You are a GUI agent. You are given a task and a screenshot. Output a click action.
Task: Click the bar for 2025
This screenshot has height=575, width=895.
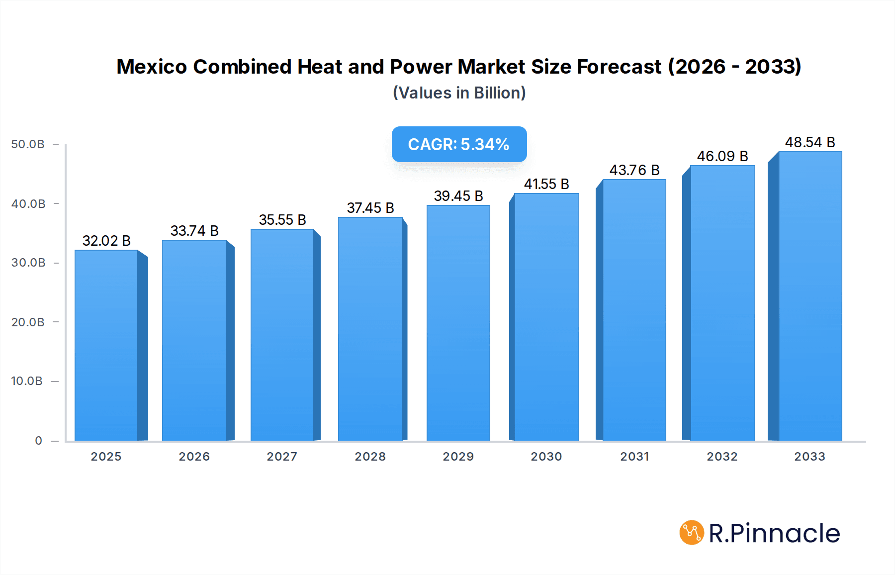click(x=106, y=345)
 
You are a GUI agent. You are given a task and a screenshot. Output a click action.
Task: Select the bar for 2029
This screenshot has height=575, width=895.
click(x=458, y=323)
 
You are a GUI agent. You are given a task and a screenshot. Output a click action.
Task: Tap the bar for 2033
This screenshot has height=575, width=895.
click(x=809, y=296)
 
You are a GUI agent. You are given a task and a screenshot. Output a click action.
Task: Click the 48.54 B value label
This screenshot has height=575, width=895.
click(x=809, y=142)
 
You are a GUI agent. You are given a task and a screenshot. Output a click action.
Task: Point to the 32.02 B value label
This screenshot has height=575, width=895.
click(x=106, y=241)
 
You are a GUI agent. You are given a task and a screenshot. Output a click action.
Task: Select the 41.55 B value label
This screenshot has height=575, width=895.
click(x=546, y=184)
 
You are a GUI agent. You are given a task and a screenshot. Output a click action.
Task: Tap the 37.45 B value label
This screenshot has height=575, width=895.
click(x=370, y=208)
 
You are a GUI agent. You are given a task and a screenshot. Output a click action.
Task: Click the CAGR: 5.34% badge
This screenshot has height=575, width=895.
click(x=458, y=144)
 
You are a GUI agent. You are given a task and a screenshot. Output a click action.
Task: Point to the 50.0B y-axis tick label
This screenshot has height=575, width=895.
click(x=28, y=144)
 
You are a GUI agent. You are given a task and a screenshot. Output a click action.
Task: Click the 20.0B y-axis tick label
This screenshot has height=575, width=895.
click(x=28, y=322)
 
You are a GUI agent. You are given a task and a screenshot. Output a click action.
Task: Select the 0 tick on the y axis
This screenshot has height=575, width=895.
click(x=38, y=441)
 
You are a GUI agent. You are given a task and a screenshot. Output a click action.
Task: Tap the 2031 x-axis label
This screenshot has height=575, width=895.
click(x=634, y=457)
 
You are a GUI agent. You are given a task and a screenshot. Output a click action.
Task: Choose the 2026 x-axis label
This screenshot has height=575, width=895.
click(x=194, y=457)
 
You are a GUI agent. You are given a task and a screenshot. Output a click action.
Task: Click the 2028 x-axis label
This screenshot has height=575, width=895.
click(x=370, y=457)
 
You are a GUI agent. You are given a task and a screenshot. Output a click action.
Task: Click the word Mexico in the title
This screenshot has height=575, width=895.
click(x=151, y=67)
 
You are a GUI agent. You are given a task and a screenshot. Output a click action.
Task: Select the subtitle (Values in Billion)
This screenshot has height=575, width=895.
click(x=459, y=93)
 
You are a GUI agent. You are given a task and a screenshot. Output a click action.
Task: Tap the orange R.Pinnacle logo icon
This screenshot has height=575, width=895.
click(x=691, y=533)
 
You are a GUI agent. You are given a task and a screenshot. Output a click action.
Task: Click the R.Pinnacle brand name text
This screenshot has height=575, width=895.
click(x=774, y=533)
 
